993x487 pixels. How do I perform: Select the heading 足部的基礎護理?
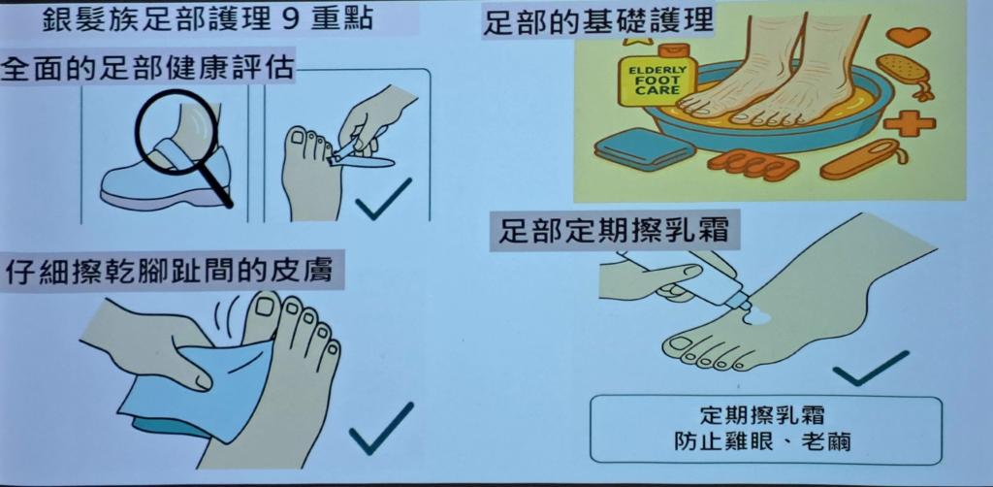tap(598, 22)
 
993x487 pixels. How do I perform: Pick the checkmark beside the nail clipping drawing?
tap(383, 199)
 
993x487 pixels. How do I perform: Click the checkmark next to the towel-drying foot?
tap(380, 428)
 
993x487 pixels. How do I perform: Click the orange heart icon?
tap(908, 37)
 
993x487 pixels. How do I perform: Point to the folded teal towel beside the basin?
tap(645, 149)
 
